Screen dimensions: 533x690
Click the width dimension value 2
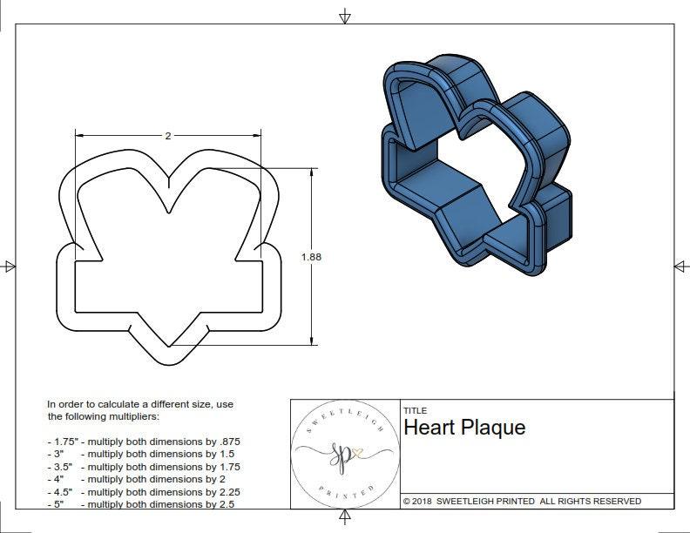167,136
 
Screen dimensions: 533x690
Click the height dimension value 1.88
311,257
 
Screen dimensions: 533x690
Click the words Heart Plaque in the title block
464,428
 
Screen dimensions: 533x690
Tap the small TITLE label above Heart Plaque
415,411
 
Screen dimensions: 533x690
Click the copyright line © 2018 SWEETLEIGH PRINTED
522,501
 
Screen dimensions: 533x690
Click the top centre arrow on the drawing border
345,16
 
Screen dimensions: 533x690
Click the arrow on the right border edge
680,266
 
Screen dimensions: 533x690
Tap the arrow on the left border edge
9,266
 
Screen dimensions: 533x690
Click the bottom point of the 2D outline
169,362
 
